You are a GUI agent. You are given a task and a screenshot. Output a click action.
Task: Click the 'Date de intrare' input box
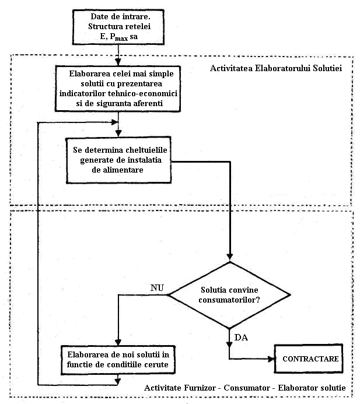118,27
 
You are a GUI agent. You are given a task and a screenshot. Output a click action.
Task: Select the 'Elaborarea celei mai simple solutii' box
118,89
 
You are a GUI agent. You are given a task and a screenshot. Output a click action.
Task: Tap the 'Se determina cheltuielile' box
118,160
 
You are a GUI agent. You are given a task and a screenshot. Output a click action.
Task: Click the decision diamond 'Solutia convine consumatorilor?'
229,295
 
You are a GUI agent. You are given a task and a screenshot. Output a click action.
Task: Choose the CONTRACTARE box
309,359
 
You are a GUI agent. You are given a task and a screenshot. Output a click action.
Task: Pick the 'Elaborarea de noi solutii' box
118,360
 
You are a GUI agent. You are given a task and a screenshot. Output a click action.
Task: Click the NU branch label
157,287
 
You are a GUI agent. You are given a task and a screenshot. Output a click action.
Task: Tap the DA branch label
241,338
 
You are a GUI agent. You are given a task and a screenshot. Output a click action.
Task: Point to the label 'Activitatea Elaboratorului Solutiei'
276,68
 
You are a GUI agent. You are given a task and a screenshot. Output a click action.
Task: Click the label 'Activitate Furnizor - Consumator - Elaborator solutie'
244,388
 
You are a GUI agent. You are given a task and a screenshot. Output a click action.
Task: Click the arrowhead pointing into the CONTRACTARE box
271,359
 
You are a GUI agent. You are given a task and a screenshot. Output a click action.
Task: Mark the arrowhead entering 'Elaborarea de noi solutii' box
118,342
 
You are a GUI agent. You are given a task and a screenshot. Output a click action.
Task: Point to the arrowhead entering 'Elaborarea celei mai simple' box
118,62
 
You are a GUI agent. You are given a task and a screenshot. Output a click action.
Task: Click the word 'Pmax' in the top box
119,37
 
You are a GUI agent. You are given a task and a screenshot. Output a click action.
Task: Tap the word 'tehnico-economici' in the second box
142,93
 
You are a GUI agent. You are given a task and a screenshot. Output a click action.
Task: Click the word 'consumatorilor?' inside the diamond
229,300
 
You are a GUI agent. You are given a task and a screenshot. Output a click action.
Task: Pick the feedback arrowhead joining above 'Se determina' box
114,122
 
